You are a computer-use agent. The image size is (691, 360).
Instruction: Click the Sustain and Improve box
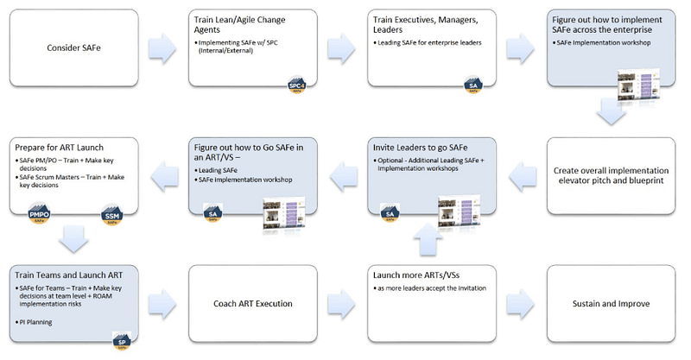(610, 304)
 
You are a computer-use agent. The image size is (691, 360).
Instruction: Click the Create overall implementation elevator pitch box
(610, 176)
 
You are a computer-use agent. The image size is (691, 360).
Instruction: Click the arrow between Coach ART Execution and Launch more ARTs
(340, 304)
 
